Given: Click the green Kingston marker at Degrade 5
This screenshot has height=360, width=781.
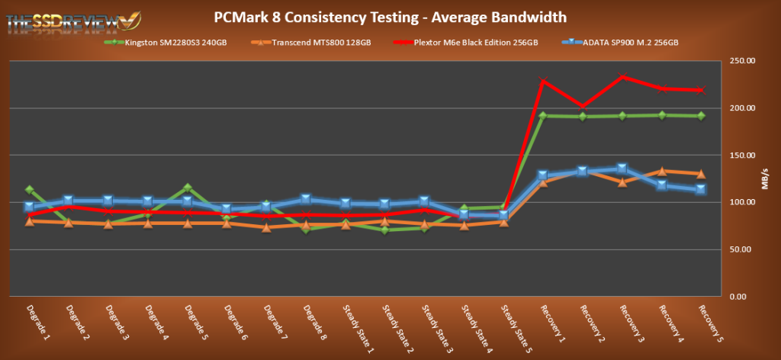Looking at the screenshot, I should pos(188,188).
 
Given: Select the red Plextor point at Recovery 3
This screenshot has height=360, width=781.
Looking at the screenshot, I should pos(622,76).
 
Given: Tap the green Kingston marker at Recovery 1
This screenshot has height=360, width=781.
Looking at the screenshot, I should pos(543,116).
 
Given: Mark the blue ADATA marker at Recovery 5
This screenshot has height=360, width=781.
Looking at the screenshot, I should pos(701,189).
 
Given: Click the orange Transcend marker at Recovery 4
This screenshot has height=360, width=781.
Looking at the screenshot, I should pos(662,172).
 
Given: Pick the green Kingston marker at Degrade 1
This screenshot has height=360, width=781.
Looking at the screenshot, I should pos(30,189).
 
